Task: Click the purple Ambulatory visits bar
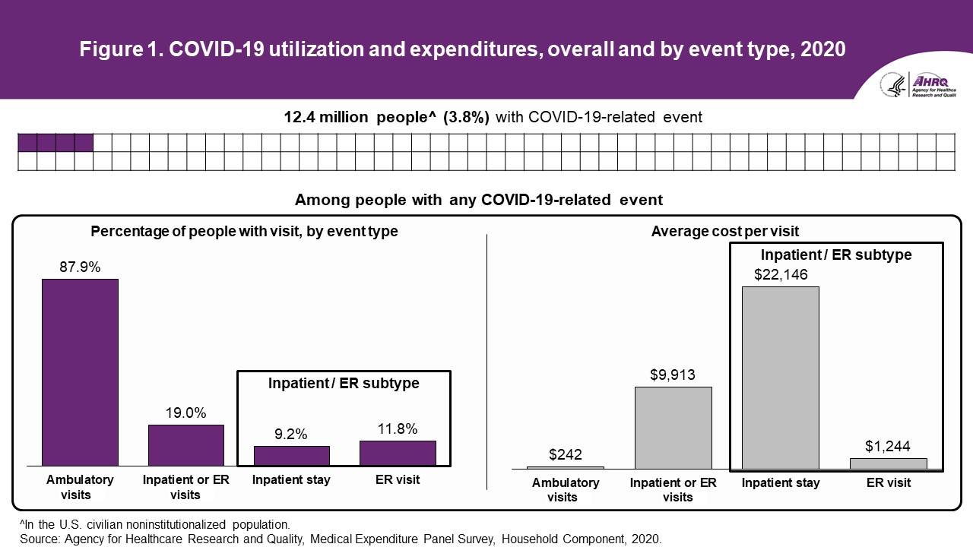(x=80, y=372)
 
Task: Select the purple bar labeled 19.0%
(x=186, y=444)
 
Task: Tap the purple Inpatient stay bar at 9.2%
(x=291, y=455)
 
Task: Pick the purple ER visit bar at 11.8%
(x=398, y=453)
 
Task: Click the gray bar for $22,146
(x=781, y=378)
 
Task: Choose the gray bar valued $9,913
(x=673, y=428)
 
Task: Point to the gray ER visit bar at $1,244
(x=888, y=463)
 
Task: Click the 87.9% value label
(x=80, y=267)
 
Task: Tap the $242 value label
(x=565, y=455)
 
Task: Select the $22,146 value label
(x=781, y=274)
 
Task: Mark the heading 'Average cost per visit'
(x=725, y=231)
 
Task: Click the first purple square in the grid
(x=27, y=143)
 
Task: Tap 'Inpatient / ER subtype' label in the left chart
(x=344, y=383)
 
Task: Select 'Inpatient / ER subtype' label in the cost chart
(x=835, y=255)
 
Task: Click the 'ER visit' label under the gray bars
(x=888, y=482)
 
